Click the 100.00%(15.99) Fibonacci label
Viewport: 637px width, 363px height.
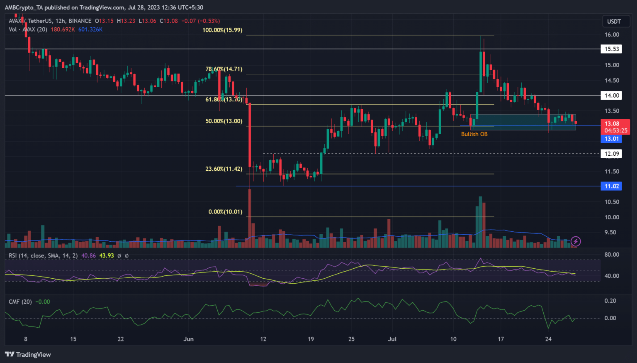point(222,30)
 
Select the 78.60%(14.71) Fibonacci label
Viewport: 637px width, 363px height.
point(224,69)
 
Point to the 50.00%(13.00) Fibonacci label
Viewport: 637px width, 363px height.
point(224,121)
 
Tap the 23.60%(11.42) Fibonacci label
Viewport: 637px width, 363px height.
point(224,169)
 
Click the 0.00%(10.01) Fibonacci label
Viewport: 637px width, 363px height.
point(225,212)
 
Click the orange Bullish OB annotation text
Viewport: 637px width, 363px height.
point(474,134)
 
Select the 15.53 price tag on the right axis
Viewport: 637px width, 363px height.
point(611,49)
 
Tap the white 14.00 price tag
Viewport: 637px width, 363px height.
point(611,96)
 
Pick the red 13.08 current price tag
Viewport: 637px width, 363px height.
point(612,124)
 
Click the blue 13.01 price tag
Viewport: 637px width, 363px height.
point(611,139)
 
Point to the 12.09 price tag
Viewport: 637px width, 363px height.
point(611,154)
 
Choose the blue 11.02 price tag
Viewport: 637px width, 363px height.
point(611,186)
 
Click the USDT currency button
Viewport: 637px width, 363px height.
point(614,22)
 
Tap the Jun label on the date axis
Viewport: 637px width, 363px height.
point(188,339)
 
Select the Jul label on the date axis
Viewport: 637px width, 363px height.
point(392,339)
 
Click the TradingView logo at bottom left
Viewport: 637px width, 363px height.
point(28,354)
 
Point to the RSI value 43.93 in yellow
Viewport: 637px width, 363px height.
point(107,256)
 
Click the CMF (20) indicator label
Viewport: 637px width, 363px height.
point(20,302)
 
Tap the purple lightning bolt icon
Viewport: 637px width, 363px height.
point(576,241)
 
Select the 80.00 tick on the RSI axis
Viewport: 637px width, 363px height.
point(611,255)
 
